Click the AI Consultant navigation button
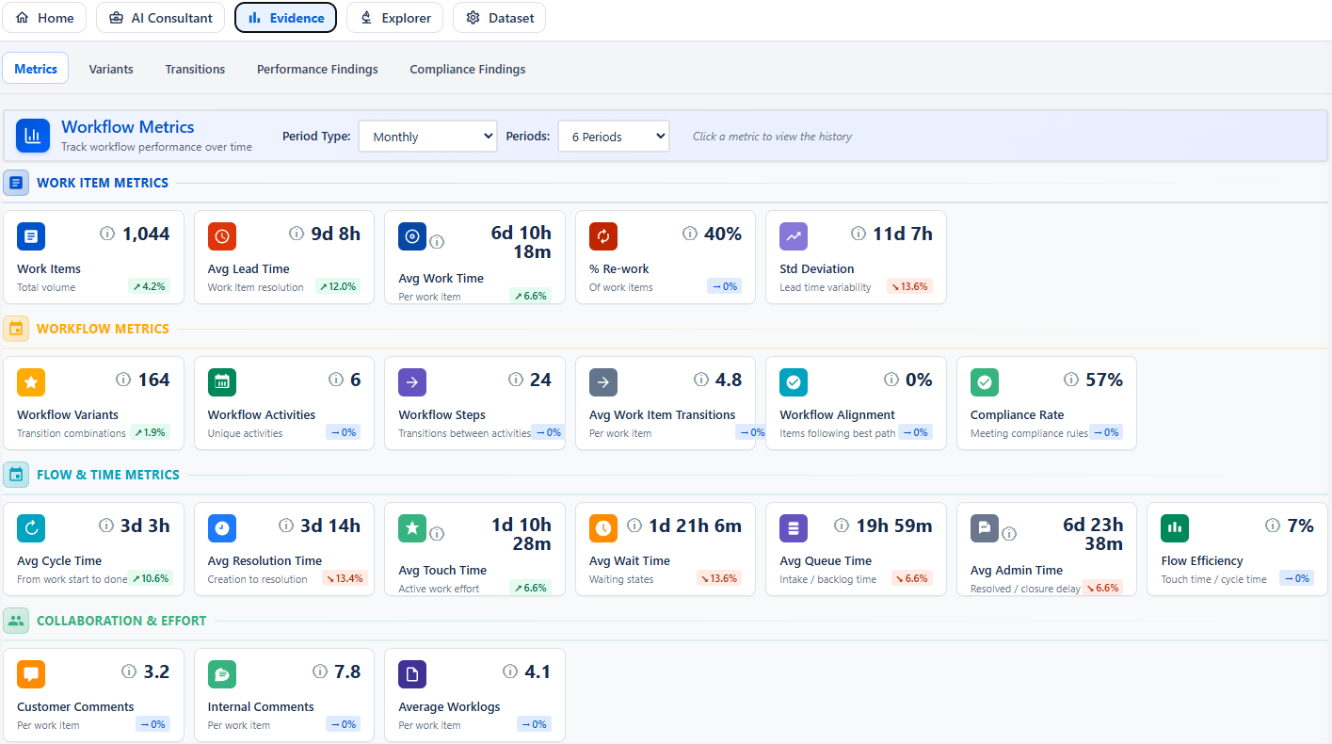160,18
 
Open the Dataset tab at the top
499,18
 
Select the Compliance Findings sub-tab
468,69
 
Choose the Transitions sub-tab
195,69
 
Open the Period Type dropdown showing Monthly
427,137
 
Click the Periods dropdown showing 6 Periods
613,137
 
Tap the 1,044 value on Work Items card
146,234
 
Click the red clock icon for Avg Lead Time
222,236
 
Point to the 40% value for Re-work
723,234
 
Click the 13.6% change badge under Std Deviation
909,286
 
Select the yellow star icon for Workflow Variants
31,382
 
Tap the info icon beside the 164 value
123,380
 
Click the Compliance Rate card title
1017,414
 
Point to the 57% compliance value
1103,380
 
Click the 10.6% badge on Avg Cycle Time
150,578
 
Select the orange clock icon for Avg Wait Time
603,528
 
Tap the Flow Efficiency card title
1202,560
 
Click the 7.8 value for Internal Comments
347,671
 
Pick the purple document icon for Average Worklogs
412,674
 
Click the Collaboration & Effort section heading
121,621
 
